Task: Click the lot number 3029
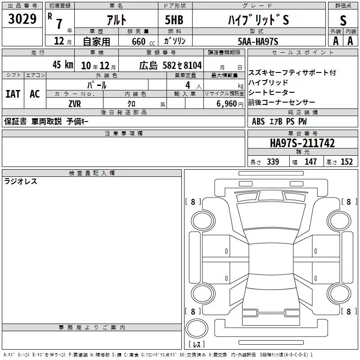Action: (22, 19)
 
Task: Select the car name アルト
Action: (117, 20)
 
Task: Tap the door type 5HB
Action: (174, 20)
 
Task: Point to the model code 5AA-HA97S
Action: (258, 41)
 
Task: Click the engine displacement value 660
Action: (139, 41)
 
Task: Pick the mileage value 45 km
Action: (63, 64)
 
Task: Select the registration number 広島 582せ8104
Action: (171, 65)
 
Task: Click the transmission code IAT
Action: (13, 94)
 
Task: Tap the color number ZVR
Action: (75, 104)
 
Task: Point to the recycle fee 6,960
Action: (227, 104)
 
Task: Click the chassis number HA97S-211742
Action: (302, 143)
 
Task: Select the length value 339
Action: (273, 162)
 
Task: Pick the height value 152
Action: (346, 162)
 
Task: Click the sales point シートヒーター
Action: (272, 92)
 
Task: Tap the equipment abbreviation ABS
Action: (258, 121)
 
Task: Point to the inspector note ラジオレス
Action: (21, 181)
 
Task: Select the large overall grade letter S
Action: (343, 20)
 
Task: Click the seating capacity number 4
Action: (188, 85)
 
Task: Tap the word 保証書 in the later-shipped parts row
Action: (15, 121)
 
